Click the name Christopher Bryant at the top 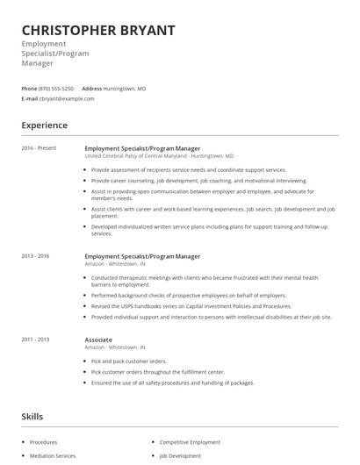97,31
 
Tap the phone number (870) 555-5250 57,89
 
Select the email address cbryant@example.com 68,99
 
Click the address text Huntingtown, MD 125,89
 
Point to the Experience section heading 46,125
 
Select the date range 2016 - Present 40,148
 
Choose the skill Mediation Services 53,456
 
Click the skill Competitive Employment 190,442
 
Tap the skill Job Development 180,456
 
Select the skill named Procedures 43,442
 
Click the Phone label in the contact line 29,89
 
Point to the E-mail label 29,99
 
